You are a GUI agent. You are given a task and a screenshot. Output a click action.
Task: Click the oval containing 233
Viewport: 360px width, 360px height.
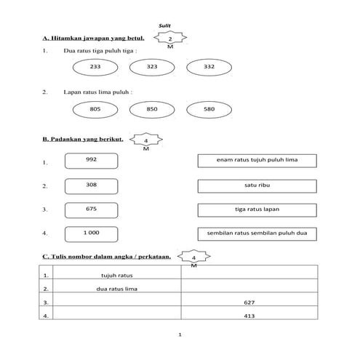click(95, 66)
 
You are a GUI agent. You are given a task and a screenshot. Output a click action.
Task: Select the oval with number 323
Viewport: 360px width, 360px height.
click(152, 66)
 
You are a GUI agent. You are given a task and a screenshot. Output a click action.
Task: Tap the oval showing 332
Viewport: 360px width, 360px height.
click(209, 66)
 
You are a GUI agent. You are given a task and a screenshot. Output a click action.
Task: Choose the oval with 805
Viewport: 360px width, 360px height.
click(95, 108)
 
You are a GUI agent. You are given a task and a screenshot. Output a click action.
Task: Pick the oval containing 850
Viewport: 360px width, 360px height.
click(152, 108)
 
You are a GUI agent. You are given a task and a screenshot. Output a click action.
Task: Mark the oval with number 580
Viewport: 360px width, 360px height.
click(209, 108)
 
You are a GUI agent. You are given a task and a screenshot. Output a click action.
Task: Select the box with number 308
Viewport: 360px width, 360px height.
click(91, 185)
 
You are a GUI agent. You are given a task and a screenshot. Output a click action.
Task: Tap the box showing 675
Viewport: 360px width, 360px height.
click(91, 209)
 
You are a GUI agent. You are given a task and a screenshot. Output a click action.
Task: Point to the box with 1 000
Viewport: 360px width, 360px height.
click(91, 233)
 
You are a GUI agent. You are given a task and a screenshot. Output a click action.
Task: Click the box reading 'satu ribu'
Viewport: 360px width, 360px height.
click(257, 185)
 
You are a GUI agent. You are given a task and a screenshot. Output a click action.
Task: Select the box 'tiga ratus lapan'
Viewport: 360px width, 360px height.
click(257, 209)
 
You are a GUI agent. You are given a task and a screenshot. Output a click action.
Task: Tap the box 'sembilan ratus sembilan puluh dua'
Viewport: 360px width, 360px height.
click(257, 233)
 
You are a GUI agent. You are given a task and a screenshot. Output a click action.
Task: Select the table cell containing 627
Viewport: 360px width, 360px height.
click(249, 302)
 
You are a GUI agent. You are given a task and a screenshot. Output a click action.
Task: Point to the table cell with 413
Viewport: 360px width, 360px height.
click(249, 316)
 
